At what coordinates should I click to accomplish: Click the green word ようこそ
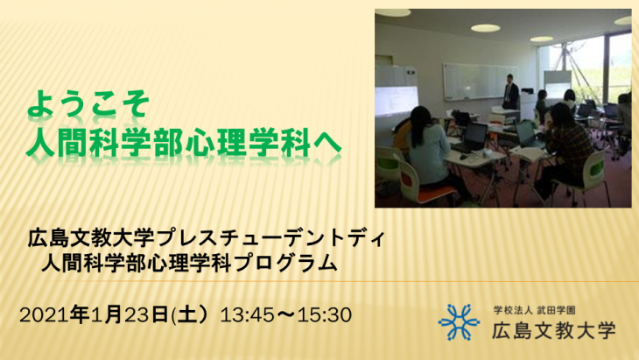88,103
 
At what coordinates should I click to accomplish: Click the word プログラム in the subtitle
286,263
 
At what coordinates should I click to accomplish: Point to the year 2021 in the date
45,314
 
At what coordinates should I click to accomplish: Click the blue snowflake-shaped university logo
459,322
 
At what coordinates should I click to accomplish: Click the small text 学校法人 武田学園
534,311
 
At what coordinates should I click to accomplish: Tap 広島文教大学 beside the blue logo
553,330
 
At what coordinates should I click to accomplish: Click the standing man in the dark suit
510,92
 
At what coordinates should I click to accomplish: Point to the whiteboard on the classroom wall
480,81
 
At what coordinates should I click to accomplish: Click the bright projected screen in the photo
397,101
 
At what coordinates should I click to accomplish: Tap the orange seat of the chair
437,191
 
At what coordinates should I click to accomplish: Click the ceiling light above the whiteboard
485,28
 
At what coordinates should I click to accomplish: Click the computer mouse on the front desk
463,157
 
